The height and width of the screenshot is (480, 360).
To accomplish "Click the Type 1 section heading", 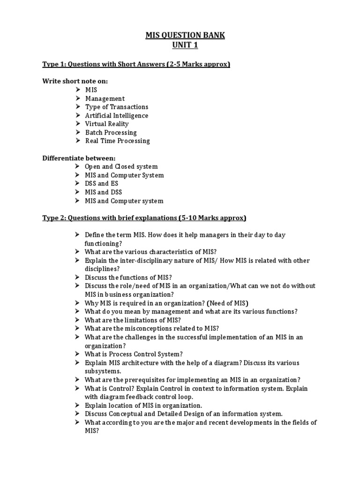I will (136, 64).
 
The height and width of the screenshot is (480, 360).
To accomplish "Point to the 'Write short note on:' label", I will (75, 81).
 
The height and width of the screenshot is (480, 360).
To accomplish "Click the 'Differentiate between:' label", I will (79, 158).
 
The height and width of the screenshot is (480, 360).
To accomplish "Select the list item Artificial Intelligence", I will (116, 115).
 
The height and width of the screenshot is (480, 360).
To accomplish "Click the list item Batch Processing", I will (111, 132).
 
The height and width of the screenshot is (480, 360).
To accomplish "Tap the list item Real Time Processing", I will (117, 141).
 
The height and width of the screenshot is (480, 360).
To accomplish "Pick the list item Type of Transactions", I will (116, 107).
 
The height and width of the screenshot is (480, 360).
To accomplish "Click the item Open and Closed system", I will (121, 166).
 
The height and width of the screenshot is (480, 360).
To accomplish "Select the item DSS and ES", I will (101, 184).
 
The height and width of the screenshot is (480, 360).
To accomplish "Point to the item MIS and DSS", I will (104, 192).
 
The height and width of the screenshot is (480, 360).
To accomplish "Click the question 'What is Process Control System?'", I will (134, 354).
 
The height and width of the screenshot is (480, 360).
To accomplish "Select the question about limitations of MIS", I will (133, 320).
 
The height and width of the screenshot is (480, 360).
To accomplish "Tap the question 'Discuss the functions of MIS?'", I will (128, 277).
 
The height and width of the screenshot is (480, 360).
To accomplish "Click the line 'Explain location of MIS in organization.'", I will (143, 405).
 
